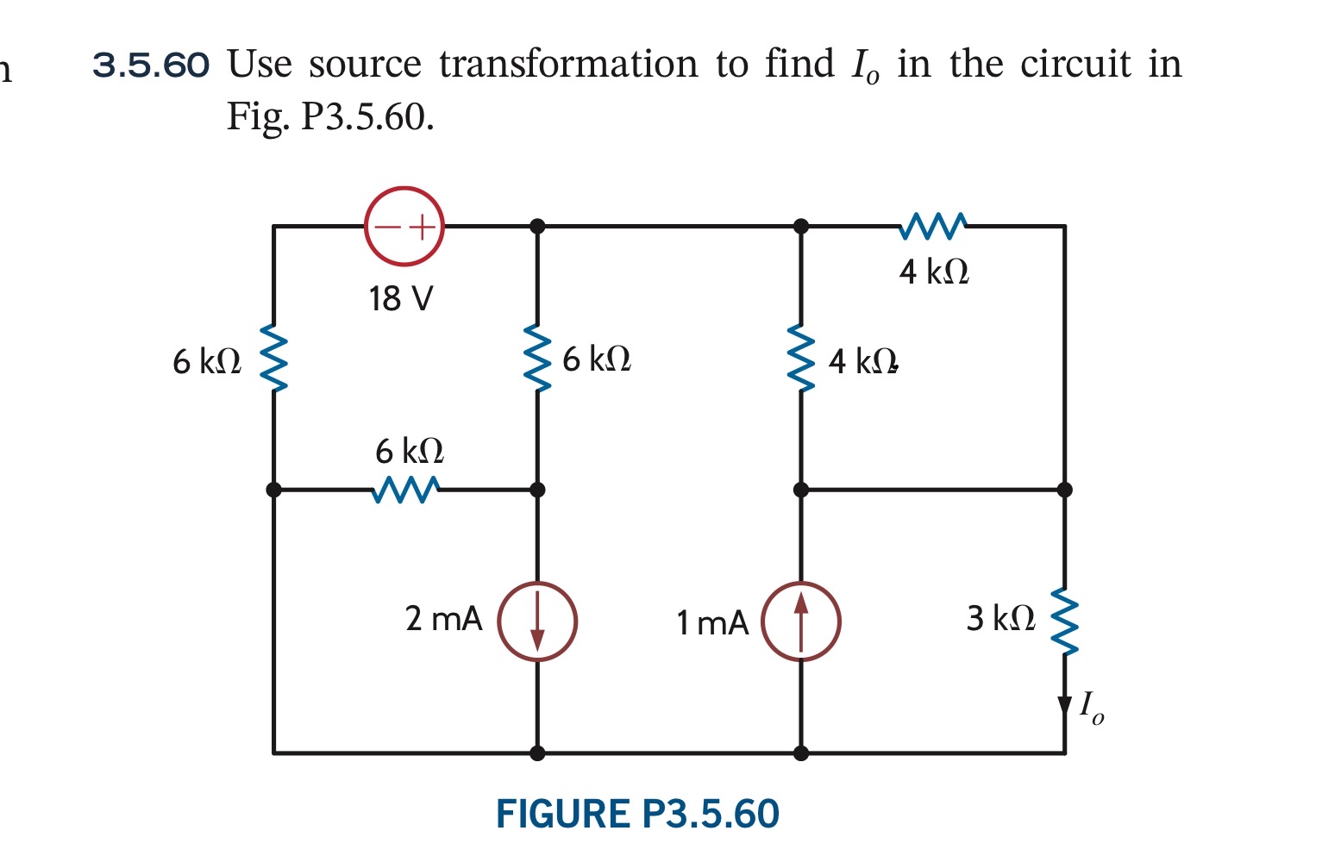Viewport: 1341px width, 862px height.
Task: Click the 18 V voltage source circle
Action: [x=404, y=226]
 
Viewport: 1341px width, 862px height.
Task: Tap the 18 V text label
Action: [x=401, y=299]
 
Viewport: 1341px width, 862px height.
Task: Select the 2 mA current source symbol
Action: [x=537, y=621]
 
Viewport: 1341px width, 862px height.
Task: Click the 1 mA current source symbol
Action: [x=801, y=621]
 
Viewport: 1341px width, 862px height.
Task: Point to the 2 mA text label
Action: [x=443, y=619]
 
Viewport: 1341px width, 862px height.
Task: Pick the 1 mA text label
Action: [x=712, y=622]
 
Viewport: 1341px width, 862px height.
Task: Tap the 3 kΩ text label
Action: [x=1000, y=618]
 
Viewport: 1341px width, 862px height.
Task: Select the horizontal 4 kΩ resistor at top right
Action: [x=933, y=226]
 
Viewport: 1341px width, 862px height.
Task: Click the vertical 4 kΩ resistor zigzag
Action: [x=801, y=358]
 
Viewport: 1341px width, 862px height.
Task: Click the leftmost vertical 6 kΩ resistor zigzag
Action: [x=273, y=358]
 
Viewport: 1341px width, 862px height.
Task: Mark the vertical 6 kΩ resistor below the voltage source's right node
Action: [x=537, y=358]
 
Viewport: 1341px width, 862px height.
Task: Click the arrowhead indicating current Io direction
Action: [x=1065, y=705]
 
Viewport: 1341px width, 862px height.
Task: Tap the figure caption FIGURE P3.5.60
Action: [x=637, y=815]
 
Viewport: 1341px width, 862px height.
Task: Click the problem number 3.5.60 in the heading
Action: [x=151, y=65]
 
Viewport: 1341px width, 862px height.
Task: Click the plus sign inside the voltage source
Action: [x=421, y=227]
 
